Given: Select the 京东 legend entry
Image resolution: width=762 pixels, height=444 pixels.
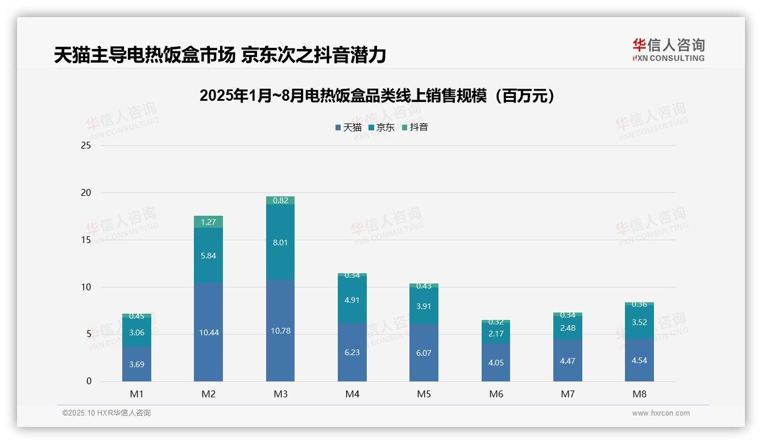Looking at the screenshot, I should click(x=381, y=128).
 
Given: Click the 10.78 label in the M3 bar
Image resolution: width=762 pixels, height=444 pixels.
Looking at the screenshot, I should click(x=280, y=331).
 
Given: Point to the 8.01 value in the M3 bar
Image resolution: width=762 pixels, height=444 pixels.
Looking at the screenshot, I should click(x=280, y=242).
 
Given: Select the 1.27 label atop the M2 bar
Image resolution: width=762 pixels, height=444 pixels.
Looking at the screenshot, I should click(x=208, y=222).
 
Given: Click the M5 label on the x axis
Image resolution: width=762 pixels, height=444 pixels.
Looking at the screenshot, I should click(x=424, y=394).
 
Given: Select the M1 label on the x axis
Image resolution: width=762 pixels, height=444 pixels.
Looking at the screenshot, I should click(x=136, y=394).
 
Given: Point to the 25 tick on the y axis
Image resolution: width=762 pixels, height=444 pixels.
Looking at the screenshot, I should click(x=86, y=145).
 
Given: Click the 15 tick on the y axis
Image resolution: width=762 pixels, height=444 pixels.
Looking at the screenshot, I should click(x=86, y=240).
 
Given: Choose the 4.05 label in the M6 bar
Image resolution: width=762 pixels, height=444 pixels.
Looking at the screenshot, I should click(x=496, y=363).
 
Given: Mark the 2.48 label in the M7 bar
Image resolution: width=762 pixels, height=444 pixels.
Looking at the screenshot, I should click(x=568, y=328).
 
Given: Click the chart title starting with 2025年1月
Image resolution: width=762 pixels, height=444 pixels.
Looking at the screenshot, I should click(x=377, y=96).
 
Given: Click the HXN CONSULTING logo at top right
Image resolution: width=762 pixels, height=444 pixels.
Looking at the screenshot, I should click(x=668, y=50).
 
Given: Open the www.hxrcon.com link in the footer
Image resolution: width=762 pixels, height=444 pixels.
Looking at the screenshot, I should click(x=661, y=413).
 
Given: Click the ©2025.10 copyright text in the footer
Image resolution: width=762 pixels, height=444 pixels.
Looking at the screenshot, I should click(x=106, y=413).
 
